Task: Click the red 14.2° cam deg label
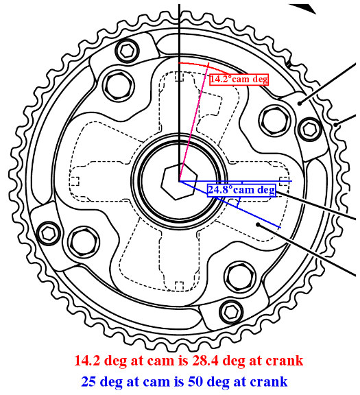tap(239, 80)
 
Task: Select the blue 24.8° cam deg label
tap(241, 190)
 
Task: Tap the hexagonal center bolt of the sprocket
tap(179, 182)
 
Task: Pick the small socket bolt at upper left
tap(128, 51)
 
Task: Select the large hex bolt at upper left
tap(119, 86)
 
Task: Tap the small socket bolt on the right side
tap(310, 130)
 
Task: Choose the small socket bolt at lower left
tap(49, 234)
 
